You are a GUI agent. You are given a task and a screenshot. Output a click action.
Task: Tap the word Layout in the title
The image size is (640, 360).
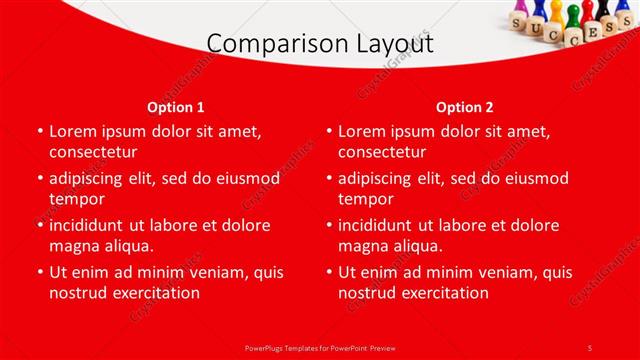pyautogui.click(x=395, y=44)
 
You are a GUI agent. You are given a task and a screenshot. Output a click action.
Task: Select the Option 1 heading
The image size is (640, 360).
pyautogui.click(x=176, y=106)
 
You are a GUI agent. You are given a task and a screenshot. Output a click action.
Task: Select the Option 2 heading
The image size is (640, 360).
pyautogui.click(x=464, y=106)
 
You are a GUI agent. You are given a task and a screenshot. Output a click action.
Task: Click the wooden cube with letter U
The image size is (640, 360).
pyautogui.click(x=538, y=28)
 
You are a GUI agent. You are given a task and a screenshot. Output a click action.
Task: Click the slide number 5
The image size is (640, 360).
pyautogui.click(x=589, y=347)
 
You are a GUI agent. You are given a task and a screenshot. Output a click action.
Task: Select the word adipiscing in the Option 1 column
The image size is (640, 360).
pyautogui.click(x=92, y=178)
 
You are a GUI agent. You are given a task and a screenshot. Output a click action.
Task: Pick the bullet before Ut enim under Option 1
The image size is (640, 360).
pyautogui.click(x=39, y=272)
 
